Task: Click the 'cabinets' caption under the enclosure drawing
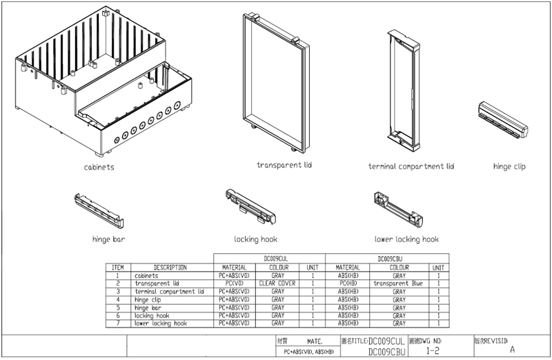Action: (99, 167)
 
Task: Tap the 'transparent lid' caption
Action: (284, 165)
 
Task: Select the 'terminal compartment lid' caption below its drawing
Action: (411, 166)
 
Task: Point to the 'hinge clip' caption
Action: (509, 166)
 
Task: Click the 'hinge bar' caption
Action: (108, 240)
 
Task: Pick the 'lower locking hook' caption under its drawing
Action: (406, 239)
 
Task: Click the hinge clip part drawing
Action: (503, 119)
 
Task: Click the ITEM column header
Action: (117, 267)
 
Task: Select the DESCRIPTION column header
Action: (170, 267)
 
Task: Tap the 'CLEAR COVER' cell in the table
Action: (278, 283)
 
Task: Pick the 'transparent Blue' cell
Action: (399, 283)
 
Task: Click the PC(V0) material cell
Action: (234, 283)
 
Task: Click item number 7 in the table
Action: (118, 323)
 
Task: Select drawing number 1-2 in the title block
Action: (433, 351)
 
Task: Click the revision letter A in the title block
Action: (512, 350)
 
